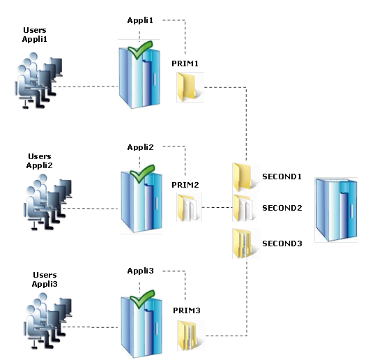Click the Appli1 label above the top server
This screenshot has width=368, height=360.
(x=140, y=20)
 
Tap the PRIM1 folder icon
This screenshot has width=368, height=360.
(x=189, y=87)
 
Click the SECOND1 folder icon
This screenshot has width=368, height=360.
(x=244, y=177)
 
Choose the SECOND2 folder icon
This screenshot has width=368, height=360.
(x=244, y=208)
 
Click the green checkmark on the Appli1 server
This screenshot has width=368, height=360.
(x=140, y=50)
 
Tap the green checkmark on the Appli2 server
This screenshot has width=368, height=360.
(x=142, y=174)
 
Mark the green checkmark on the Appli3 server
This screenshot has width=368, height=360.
(x=142, y=299)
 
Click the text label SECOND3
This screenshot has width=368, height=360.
(x=282, y=243)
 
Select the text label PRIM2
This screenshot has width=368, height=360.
(x=185, y=185)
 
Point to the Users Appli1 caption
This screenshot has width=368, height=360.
(x=35, y=35)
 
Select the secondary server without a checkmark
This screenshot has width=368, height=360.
(x=336, y=210)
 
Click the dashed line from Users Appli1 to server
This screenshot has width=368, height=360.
(x=86, y=87)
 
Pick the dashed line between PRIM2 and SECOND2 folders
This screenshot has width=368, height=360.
(x=217, y=207)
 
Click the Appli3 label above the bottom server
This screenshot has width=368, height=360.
(x=140, y=271)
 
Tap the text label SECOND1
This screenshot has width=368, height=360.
(x=282, y=177)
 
